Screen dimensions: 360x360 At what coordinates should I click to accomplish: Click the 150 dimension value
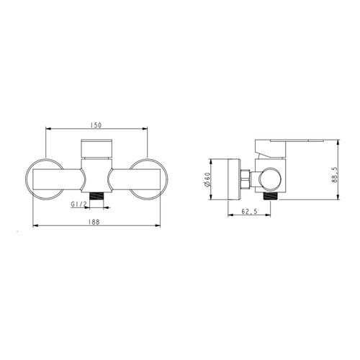pyautogui.click(x=96, y=125)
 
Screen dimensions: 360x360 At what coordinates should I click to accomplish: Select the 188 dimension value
pyautogui.click(x=94, y=222)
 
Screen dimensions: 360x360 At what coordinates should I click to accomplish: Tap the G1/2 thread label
pyautogui.click(x=78, y=204)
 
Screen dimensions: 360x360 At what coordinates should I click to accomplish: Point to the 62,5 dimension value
pyautogui.click(x=249, y=212)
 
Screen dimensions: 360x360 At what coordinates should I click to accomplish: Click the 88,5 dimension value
pyautogui.click(x=335, y=175)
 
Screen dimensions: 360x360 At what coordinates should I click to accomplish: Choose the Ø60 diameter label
pyautogui.click(x=207, y=179)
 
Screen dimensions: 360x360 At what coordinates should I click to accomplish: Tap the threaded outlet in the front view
pyautogui.click(x=96, y=197)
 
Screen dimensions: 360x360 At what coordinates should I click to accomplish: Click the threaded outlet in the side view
pyautogui.click(x=271, y=196)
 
